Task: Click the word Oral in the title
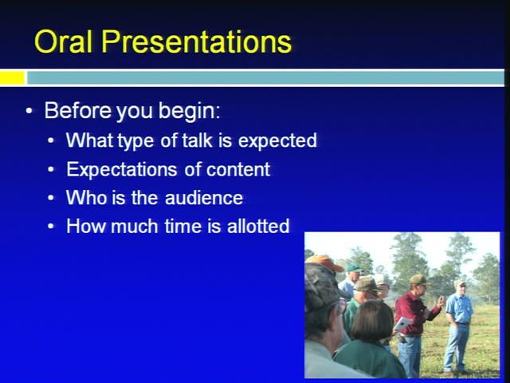(x=63, y=41)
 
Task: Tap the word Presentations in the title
(x=197, y=41)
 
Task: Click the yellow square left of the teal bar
(x=12, y=78)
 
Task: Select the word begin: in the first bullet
(x=190, y=112)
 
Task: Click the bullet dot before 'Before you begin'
(x=29, y=111)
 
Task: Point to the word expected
(x=277, y=140)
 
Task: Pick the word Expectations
(x=122, y=169)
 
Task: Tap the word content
(x=238, y=169)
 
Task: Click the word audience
(x=204, y=198)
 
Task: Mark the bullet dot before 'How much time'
(x=51, y=226)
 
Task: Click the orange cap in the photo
(x=324, y=263)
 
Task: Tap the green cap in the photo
(x=354, y=268)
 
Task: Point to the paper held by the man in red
(x=402, y=325)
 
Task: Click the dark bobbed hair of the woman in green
(x=372, y=320)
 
